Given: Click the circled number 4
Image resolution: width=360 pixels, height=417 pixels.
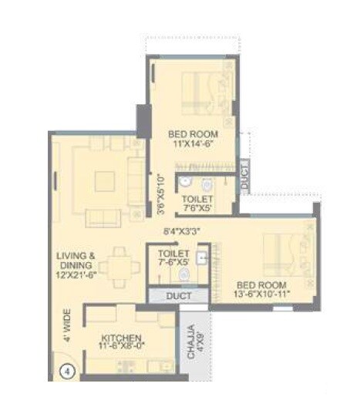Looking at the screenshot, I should pos(67,370).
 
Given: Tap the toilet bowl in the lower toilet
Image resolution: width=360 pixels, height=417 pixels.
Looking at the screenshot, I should pos(183,274).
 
